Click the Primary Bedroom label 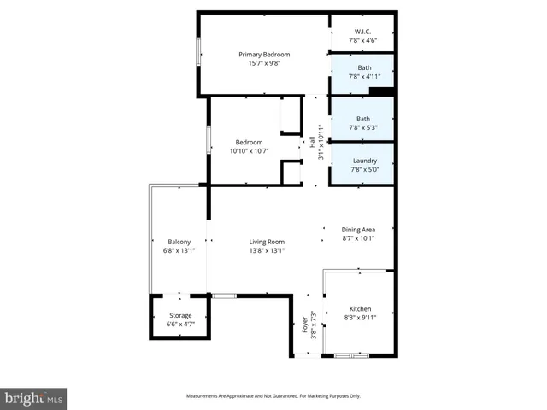[263, 55]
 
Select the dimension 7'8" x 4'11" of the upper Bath [364, 76]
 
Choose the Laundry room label [364, 161]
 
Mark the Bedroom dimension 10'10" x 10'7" [249, 150]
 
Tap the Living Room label [267, 242]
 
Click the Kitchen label [361, 308]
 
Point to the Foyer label [303, 325]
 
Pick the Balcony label [179, 242]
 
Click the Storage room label [179, 316]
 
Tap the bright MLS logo [34, 398]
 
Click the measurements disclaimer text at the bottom [273, 396]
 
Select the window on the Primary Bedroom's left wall [199, 50]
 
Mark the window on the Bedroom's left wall [209, 141]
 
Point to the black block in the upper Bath [382, 91]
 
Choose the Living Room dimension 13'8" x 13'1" [267, 250]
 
